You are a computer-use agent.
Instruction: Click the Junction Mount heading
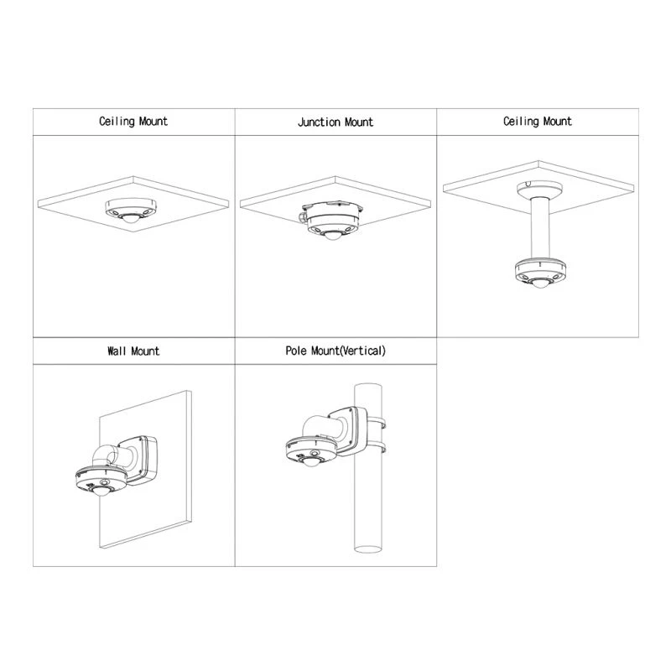(x=335, y=122)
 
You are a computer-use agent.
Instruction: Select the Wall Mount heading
(x=133, y=351)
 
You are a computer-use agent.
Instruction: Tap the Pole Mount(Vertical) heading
(x=335, y=351)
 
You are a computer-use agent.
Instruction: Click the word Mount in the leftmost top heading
(x=153, y=122)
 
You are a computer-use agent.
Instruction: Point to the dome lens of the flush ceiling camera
(x=131, y=219)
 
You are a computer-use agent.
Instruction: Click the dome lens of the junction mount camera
(x=332, y=235)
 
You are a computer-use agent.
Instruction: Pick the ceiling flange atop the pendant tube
(x=539, y=189)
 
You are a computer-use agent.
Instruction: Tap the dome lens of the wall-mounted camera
(x=101, y=491)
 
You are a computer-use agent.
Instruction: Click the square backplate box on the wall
(x=140, y=460)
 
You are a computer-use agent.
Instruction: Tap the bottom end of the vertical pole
(x=367, y=549)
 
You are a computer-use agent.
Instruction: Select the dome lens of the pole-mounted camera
(x=311, y=460)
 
